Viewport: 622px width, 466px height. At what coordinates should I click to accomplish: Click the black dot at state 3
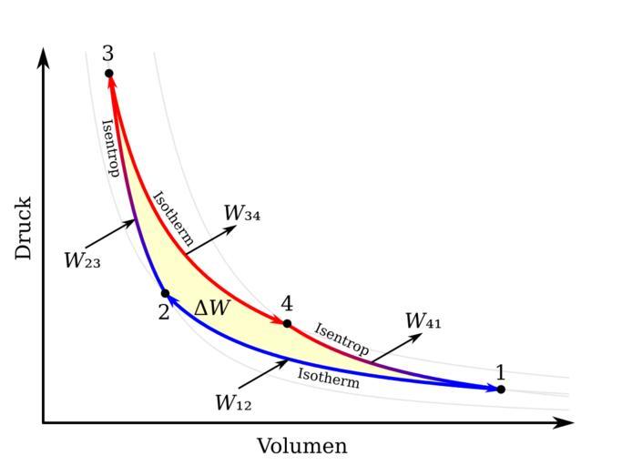click(x=108, y=73)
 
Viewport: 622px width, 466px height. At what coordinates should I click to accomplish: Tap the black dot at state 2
click(x=165, y=293)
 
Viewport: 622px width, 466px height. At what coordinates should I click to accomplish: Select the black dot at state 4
click(x=287, y=323)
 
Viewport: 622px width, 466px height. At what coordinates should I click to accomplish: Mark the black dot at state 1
click(x=501, y=389)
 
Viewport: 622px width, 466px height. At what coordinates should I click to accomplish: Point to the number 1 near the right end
click(x=500, y=371)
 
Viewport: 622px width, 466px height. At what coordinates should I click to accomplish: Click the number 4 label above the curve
click(x=287, y=303)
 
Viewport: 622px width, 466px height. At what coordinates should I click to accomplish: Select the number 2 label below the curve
click(x=163, y=312)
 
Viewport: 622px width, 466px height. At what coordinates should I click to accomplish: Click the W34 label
click(x=242, y=213)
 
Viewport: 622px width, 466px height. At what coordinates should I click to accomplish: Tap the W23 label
click(x=82, y=261)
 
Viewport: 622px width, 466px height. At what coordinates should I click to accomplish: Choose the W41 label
click(x=423, y=321)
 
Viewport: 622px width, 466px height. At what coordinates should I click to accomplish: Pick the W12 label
click(x=233, y=403)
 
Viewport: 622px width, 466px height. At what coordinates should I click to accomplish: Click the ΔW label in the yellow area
click(x=212, y=309)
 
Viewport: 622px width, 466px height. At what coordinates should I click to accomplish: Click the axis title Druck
click(x=24, y=228)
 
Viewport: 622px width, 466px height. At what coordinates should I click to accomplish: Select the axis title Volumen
click(x=301, y=446)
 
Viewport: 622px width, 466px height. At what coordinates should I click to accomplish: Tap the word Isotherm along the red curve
click(x=172, y=219)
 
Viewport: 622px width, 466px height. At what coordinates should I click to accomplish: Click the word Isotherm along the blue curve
click(x=329, y=378)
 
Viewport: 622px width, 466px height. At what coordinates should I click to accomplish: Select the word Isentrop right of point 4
click(x=342, y=339)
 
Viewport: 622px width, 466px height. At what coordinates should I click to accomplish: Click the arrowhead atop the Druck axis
click(x=43, y=56)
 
